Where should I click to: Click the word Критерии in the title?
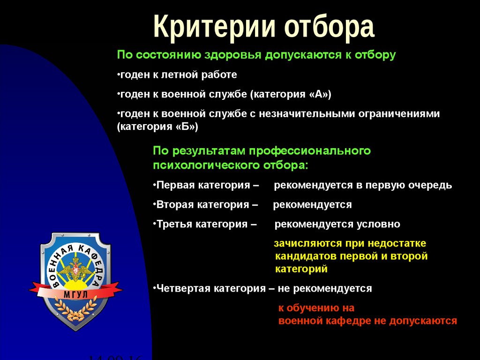pos(215,27)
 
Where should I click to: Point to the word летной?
pos(179,75)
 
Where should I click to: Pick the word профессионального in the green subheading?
pos(310,151)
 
